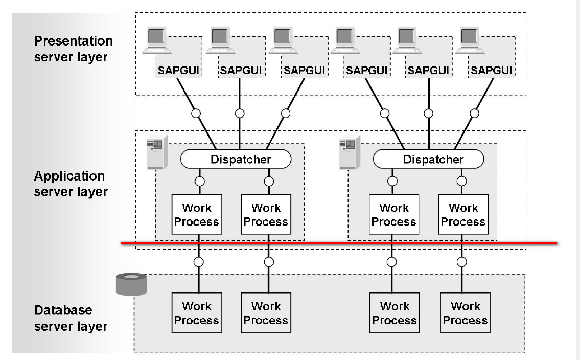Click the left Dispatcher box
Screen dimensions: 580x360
pyautogui.click(x=236, y=159)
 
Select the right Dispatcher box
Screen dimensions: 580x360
pyautogui.click(x=428, y=159)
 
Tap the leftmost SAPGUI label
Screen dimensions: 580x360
pyautogui.click(x=178, y=70)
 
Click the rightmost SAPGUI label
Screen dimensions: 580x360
pyautogui.click(x=491, y=70)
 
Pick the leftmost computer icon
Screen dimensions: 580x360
pyautogui.click(x=157, y=40)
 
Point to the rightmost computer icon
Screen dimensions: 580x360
pyautogui.click(x=470, y=40)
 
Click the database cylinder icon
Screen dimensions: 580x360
pyautogui.click(x=131, y=284)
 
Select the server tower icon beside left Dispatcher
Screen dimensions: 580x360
pyautogui.click(x=157, y=152)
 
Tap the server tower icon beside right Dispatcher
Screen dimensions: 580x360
pyautogui.click(x=350, y=152)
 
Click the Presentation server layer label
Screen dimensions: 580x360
pyautogui.click(x=73, y=49)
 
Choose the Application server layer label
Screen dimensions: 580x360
pyautogui.click(x=71, y=184)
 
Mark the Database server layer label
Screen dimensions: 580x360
pyautogui.click(x=71, y=318)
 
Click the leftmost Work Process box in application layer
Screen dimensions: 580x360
pyautogui.click(x=197, y=214)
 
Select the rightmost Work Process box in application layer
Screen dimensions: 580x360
pyautogui.click(x=463, y=214)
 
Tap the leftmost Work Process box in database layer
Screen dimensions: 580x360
pyautogui.click(x=197, y=313)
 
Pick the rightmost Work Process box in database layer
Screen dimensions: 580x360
pyautogui.click(x=466, y=313)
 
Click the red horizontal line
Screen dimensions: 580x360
pyautogui.click(x=339, y=243)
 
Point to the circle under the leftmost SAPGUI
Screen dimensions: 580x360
pyautogui.click(x=196, y=114)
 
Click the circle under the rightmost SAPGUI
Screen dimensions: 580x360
pyautogui.click(x=474, y=114)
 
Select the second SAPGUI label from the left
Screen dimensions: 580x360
pyautogui.click(x=241, y=70)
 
